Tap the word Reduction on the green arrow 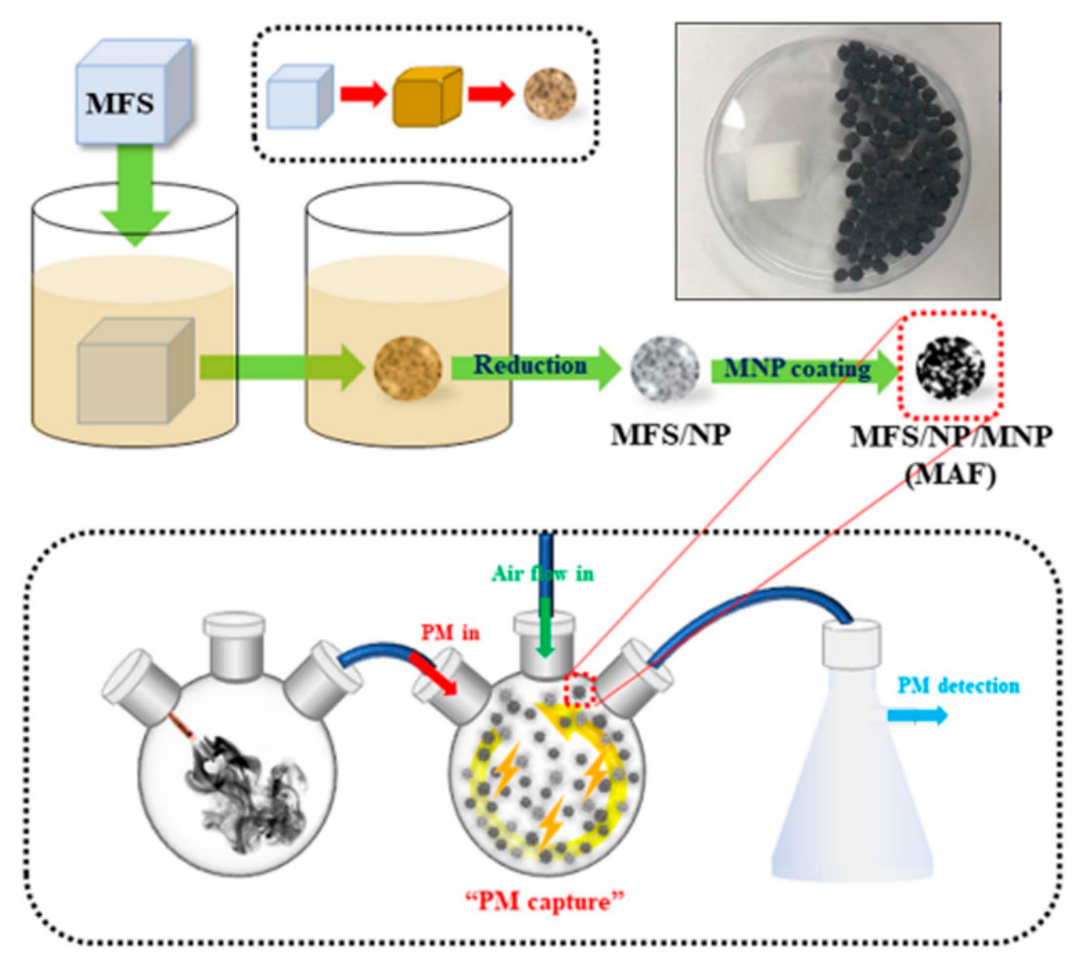[530, 365]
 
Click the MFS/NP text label [670, 435]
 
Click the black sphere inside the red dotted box [950, 367]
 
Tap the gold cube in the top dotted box [427, 96]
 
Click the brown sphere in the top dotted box [550, 94]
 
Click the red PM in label [450, 632]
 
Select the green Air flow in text [542, 574]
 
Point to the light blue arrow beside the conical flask [917, 715]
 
